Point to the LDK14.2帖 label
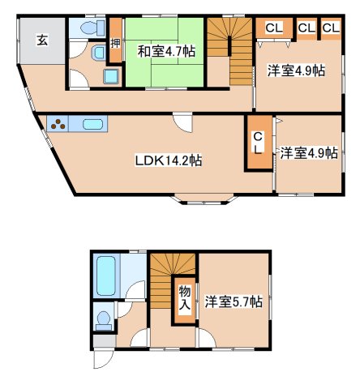[168, 160]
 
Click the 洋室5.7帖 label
[233, 301]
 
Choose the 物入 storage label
[184, 297]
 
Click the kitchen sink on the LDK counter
[92, 126]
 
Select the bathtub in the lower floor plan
[106, 276]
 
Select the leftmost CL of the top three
[274, 28]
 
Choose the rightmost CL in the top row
[331, 28]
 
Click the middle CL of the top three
[306, 28]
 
